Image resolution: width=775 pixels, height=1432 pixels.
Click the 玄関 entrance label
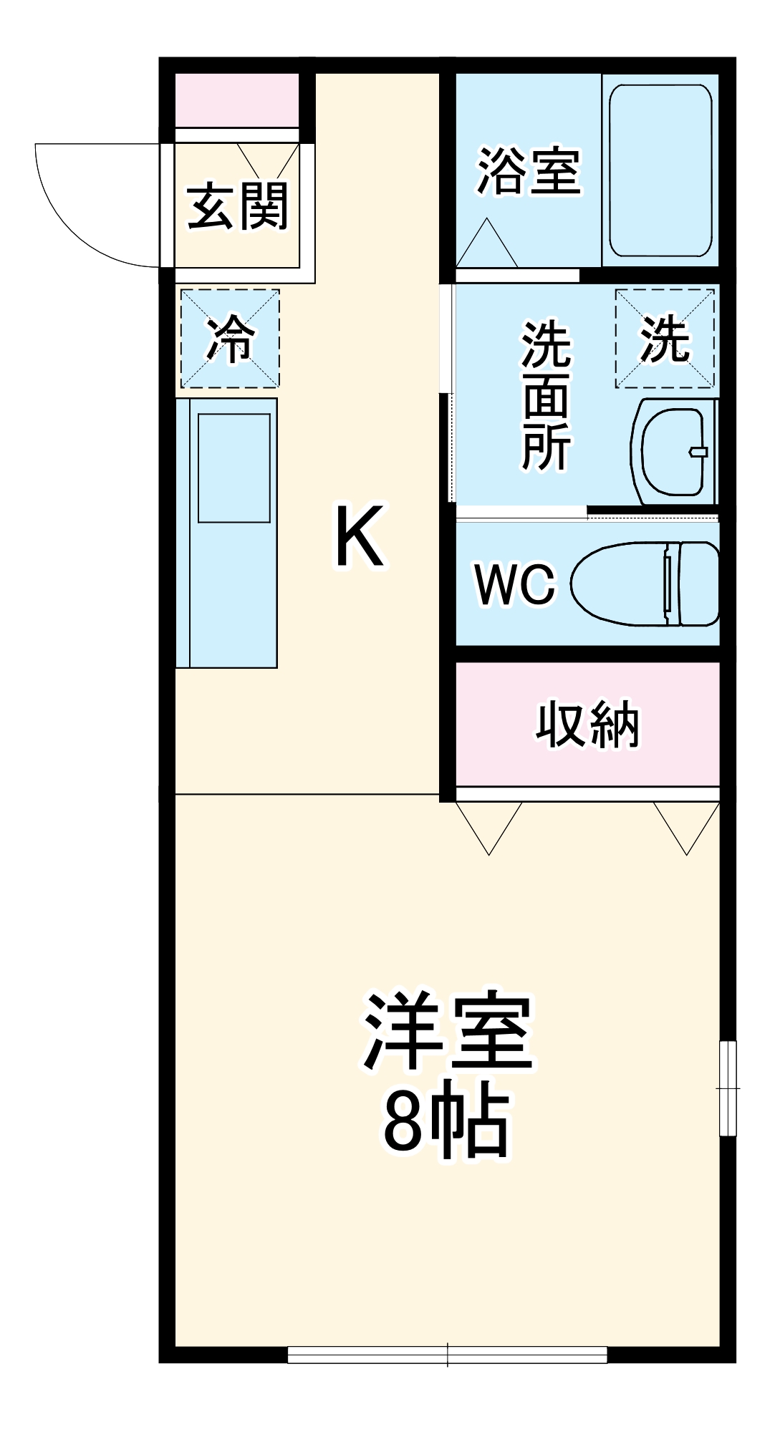[x=237, y=207]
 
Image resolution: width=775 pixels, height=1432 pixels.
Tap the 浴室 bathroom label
[x=529, y=171]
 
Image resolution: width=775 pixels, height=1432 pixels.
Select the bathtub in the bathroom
[x=660, y=170]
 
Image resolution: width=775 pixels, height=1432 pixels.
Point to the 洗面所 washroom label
[x=546, y=397]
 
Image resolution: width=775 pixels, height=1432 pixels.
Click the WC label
[x=514, y=584]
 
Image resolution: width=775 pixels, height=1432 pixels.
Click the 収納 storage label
[x=587, y=725]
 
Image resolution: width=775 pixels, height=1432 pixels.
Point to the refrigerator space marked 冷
[x=229, y=339]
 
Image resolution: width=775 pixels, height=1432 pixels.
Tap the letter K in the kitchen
[x=360, y=537]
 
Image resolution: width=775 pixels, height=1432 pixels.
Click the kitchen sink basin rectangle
[x=234, y=468]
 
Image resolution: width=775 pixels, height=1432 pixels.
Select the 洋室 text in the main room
[x=447, y=1031]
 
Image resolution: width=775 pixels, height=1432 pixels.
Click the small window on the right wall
[x=728, y=1088]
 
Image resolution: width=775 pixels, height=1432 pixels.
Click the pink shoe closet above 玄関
[x=237, y=100]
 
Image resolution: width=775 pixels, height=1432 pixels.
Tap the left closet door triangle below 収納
[x=489, y=823]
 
